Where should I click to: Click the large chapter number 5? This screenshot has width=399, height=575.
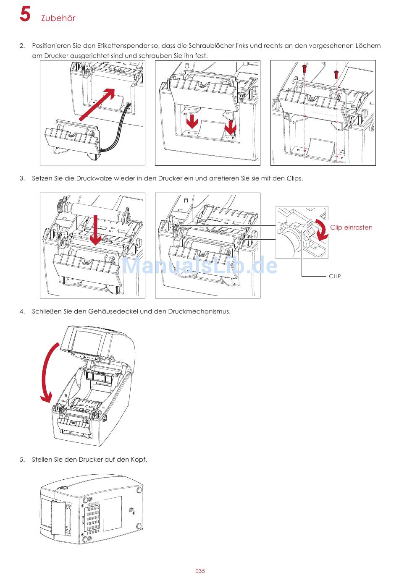25,14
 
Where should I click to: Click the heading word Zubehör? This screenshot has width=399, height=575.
58,18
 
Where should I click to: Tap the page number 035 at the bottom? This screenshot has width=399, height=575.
200,571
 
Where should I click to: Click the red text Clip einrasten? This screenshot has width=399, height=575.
351,227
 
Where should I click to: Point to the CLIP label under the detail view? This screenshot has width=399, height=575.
335,276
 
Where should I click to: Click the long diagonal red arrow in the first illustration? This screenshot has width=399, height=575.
97,104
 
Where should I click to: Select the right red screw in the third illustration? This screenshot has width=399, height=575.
336,73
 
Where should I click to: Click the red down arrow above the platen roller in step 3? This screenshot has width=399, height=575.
96,231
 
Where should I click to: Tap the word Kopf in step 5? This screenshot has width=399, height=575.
138,460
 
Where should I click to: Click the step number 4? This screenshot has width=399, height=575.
22,311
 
